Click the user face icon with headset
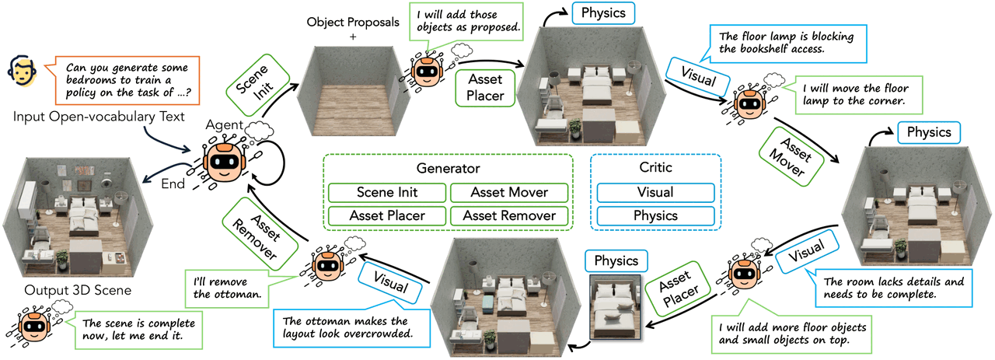coord(22,72)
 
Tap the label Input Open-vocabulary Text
coord(99,117)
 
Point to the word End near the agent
coord(173,183)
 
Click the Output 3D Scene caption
coord(78,290)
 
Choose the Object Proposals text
coord(353,23)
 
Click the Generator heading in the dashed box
coord(449,169)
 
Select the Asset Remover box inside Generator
coord(509,216)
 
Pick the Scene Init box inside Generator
coord(387,193)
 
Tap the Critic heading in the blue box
coord(655,167)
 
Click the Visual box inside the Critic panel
coord(655,193)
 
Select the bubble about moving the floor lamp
coord(853,95)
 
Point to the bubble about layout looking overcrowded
coord(351,328)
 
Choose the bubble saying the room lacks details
coord(893,288)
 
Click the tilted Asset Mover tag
coord(791,156)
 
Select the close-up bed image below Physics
coord(615,307)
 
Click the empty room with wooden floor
coord(353,91)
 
